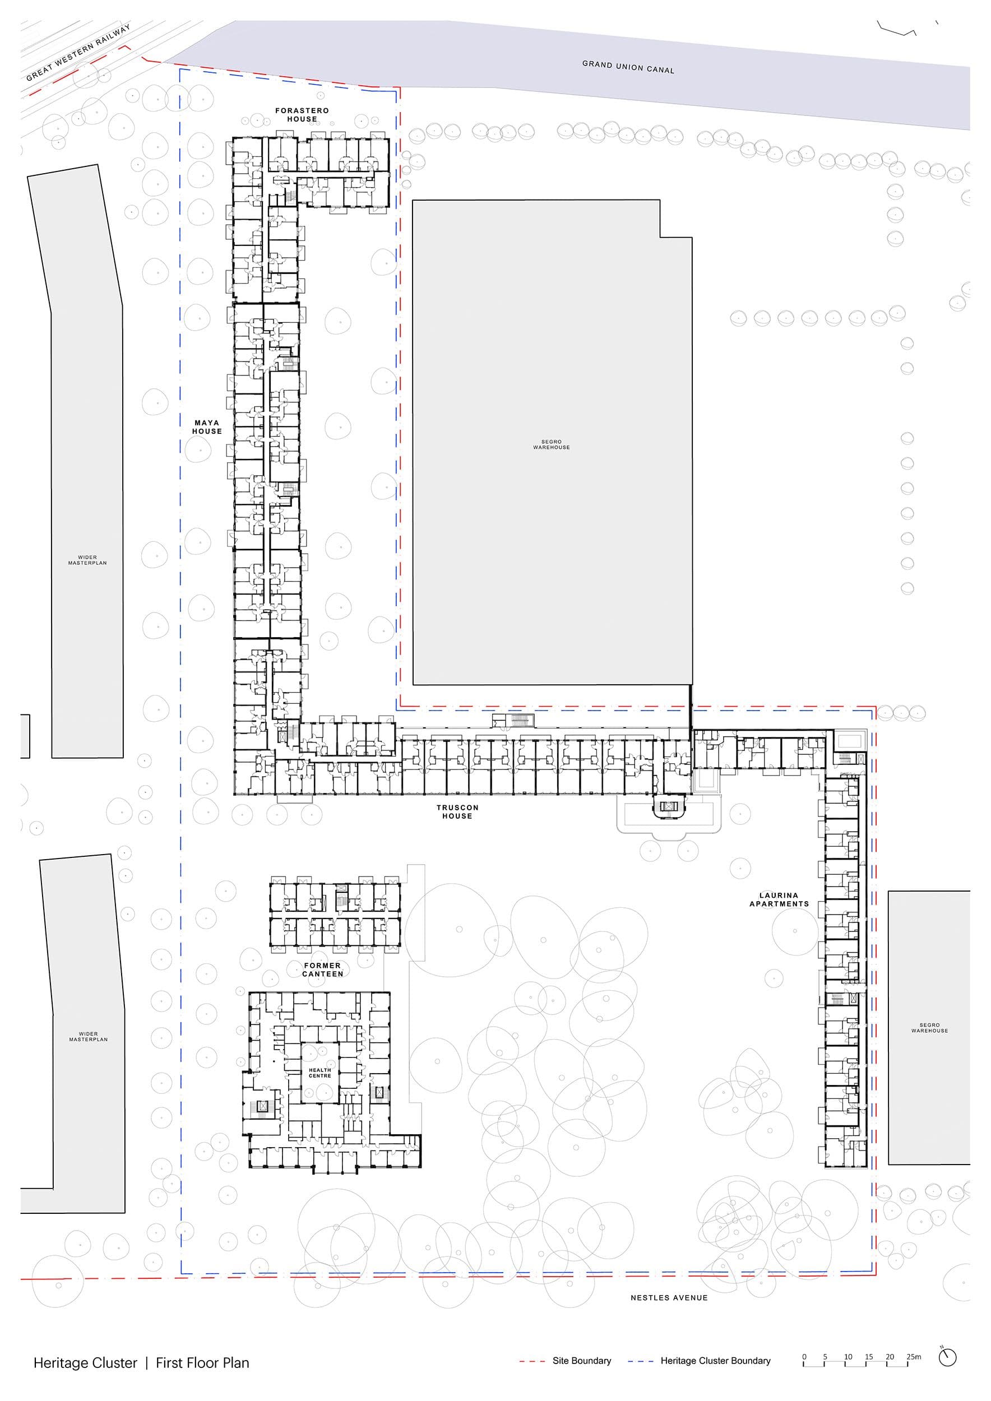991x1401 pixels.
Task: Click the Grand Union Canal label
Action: tap(628, 67)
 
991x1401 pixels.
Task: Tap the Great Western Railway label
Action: tap(78, 53)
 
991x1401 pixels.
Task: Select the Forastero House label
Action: tap(302, 115)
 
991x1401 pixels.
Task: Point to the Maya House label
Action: tap(207, 426)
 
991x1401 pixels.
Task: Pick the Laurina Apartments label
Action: tap(779, 899)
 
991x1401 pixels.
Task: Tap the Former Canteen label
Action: tap(323, 969)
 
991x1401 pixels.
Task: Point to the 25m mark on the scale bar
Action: tap(914, 1357)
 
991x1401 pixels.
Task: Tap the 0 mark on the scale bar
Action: tap(804, 1357)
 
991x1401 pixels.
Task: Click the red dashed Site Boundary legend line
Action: tap(532, 1361)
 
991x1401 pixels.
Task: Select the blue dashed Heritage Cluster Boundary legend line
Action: tap(641, 1361)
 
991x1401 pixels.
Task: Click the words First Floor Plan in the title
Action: tap(202, 1362)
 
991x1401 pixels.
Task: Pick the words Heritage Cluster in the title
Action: tap(85, 1363)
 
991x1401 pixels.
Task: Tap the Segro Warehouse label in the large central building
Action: tap(552, 444)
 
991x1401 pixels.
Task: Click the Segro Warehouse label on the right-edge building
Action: tap(929, 1028)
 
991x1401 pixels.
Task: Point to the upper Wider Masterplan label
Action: tap(87, 559)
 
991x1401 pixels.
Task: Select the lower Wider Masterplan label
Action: tap(89, 1036)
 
